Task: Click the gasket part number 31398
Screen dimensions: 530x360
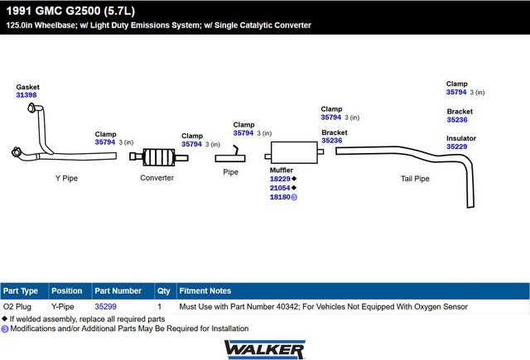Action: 26,95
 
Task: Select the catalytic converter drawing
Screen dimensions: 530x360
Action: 159,157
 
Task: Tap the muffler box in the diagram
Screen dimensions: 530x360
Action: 294,152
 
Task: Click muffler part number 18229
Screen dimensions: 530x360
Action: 280,179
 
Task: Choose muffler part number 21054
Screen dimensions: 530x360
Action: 280,188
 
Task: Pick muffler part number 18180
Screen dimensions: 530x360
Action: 280,197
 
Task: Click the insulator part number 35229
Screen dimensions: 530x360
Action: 456,146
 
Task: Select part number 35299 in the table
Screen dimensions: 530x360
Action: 105,307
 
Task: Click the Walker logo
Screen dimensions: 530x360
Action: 265,349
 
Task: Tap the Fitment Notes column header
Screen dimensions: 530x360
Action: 205,290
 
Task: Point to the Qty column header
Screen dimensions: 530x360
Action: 164,291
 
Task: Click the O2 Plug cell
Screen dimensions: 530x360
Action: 17,307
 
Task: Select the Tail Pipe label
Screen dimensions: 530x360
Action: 415,179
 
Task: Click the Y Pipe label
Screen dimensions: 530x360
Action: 66,178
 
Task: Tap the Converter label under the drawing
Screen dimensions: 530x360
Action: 157,178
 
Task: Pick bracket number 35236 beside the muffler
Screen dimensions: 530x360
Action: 331,141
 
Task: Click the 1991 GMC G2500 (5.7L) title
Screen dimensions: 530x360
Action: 70,11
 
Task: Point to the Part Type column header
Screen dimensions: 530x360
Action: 21,290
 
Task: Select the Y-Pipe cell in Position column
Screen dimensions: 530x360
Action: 63,307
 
